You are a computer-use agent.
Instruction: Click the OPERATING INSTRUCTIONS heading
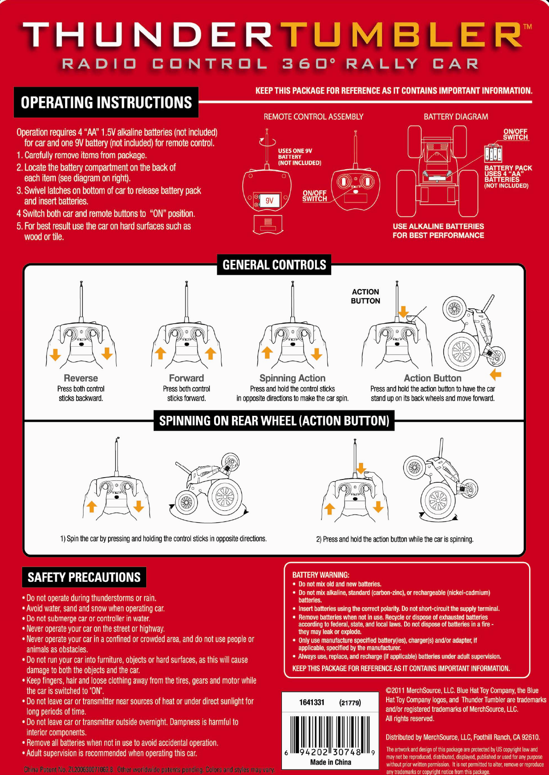click(x=106, y=102)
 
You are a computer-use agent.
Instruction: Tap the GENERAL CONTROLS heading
click(x=274, y=265)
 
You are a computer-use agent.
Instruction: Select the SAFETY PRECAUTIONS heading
click(x=84, y=577)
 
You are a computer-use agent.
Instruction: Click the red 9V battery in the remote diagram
click(x=269, y=201)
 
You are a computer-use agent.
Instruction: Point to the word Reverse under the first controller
click(x=81, y=378)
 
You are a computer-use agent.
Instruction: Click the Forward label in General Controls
click(x=186, y=378)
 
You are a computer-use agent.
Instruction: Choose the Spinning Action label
click(x=292, y=378)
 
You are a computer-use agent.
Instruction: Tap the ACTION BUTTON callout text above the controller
click(x=365, y=296)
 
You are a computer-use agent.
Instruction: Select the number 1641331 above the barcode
click(x=312, y=702)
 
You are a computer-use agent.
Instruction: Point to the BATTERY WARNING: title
click(x=321, y=575)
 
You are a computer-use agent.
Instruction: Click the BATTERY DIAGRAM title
click(x=456, y=117)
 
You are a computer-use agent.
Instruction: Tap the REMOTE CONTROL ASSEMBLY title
click(x=313, y=117)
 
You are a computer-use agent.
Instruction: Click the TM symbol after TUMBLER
click(x=527, y=27)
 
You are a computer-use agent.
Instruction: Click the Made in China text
click(x=330, y=762)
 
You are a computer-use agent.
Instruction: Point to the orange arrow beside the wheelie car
click(x=495, y=374)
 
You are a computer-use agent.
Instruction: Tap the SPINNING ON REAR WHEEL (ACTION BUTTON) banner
click(x=274, y=421)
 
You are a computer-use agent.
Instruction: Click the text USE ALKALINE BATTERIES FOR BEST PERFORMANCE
click(x=438, y=231)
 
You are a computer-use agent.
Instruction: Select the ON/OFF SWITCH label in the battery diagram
click(x=515, y=135)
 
